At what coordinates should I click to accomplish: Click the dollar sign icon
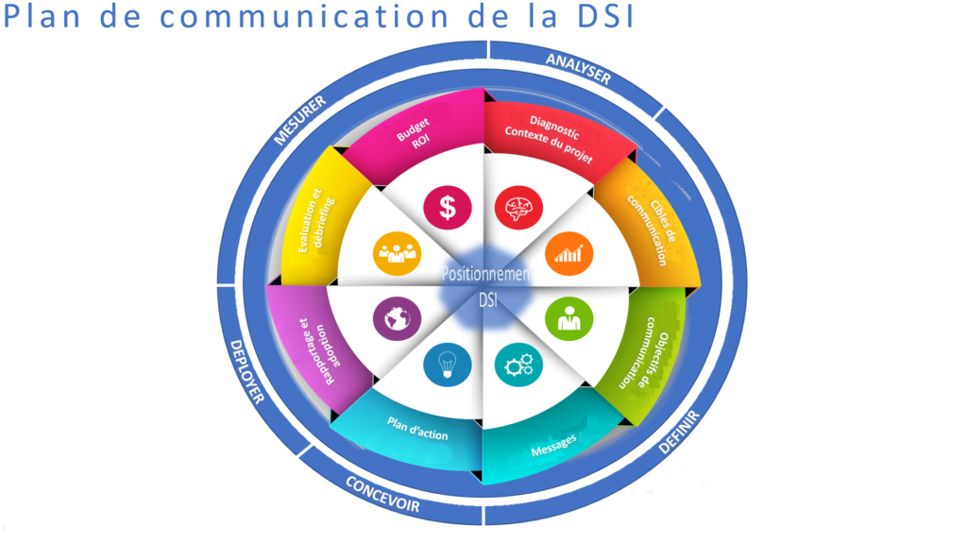click(x=447, y=206)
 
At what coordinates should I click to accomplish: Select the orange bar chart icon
click(x=568, y=253)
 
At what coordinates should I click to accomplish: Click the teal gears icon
click(x=519, y=364)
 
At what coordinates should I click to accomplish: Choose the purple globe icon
click(x=393, y=318)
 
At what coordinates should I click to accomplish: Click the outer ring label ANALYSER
click(x=578, y=69)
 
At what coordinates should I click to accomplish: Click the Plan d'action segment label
click(x=417, y=429)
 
